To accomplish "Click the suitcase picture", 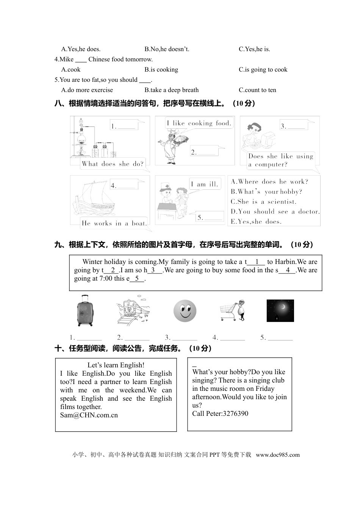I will click(x=85, y=311).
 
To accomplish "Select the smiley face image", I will click(x=185, y=311).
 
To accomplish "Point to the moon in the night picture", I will click(x=283, y=306).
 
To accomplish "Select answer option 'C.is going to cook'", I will click(x=263, y=70).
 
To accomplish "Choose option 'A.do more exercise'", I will click(x=87, y=90).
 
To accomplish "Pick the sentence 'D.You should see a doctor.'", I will click(x=275, y=212).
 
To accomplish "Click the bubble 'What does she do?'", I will click(x=113, y=164).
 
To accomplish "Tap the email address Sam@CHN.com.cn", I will click(x=89, y=415).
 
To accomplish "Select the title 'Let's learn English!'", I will click(x=116, y=365).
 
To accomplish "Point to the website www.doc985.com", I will click(x=278, y=455).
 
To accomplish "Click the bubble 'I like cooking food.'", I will click(x=199, y=123).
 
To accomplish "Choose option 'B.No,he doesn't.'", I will click(x=167, y=49).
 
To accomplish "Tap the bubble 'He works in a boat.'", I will click(x=114, y=223).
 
